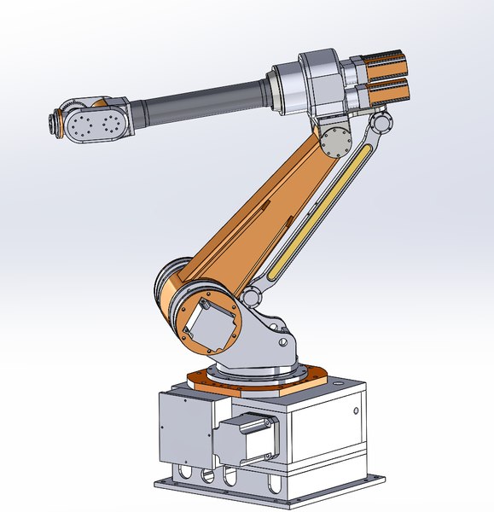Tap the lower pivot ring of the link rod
click(252, 298)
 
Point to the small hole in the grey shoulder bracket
click(281, 343)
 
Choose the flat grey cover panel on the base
click(183, 427)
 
